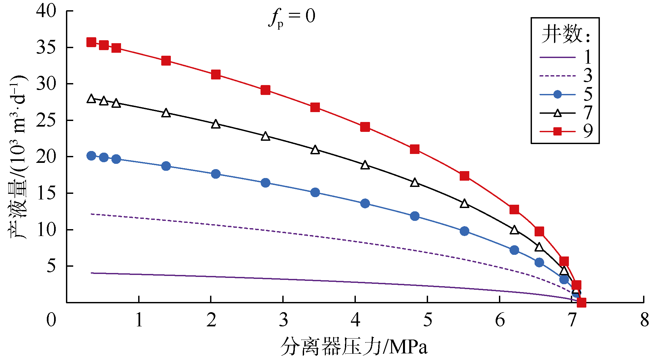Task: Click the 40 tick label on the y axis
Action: tap(46, 11)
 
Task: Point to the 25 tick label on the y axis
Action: tap(46, 121)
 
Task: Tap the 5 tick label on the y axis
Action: tap(51, 266)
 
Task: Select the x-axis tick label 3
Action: tap(283, 320)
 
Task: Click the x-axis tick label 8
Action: tap(644, 320)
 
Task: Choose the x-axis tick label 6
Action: tap(500, 320)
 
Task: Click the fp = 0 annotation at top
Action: tap(292, 17)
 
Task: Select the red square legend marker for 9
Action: tap(557, 132)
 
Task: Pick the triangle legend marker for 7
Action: tap(557, 113)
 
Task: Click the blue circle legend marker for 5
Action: tap(557, 95)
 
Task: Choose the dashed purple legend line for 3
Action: tap(557, 76)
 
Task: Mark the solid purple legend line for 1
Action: tap(557, 57)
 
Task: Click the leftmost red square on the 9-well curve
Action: tap(91, 42)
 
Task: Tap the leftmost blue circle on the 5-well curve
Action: tap(91, 156)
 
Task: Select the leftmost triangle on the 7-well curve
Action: tap(91, 99)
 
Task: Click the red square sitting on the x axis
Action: tap(581, 302)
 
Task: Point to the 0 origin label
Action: tap(51, 320)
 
